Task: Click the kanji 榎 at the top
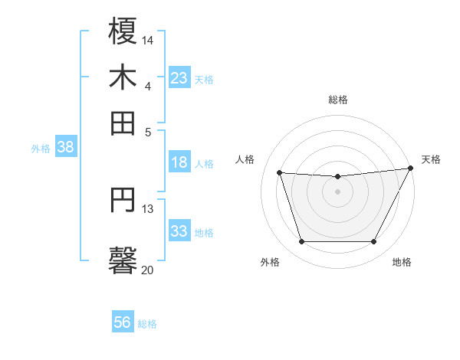pos(123,31)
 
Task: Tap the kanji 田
pos(123,122)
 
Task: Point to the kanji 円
pos(123,201)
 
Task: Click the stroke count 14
pos(148,39)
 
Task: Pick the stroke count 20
pos(148,270)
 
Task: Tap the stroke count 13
pos(148,208)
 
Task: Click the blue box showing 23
pos(179,77)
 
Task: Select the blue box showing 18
pos(179,162)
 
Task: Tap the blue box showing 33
pos(179,231)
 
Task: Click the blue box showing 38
pos(65,148)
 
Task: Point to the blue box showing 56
pos(123,323)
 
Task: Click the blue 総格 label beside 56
pos(147,324)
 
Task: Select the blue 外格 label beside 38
pos(41,149)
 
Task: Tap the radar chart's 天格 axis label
pos(431,159)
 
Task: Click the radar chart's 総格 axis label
pos(338,100)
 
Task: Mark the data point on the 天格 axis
pos(412,168)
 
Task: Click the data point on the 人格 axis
pos(280,173)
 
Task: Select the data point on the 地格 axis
pos(374,242)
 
